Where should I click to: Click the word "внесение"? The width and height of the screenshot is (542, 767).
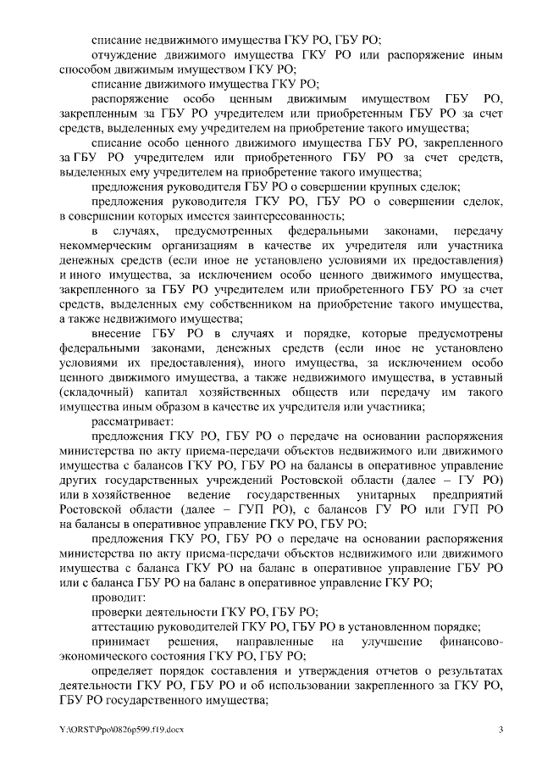(x=119, y=333)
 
